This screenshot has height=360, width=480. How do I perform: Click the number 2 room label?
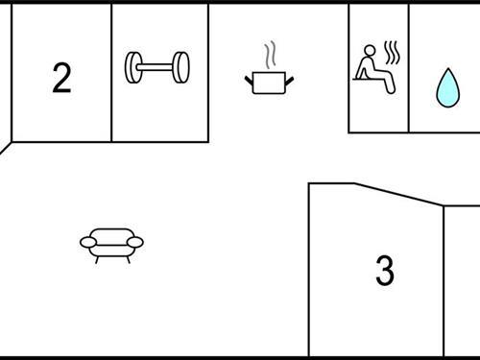61,78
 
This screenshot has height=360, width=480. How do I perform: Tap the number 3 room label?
384,271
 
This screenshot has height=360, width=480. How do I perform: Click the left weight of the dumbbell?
133,66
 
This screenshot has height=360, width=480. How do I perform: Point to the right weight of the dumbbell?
180,66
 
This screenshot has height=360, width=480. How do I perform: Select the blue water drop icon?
446,87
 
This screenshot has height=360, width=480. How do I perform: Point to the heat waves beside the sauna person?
391,50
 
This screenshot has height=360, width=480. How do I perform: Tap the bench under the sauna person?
375,84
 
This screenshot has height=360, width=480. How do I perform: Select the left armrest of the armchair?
87,242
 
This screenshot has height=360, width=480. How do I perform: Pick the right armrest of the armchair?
135,242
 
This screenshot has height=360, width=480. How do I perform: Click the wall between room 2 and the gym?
111,72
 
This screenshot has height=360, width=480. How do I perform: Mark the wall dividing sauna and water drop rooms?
409,67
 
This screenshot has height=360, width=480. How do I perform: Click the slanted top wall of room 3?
398,193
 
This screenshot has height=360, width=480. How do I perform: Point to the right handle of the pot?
288,78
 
